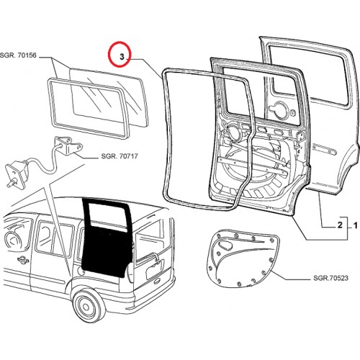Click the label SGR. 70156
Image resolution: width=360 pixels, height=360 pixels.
pos(18,55)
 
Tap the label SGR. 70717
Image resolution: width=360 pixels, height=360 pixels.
pos(120,156)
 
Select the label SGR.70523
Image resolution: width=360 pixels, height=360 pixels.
pos(330,278)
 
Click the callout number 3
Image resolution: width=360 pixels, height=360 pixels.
pos(122,57)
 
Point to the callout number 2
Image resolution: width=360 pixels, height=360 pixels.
pos(340,225)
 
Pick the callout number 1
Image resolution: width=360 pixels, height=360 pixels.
pos(356,225)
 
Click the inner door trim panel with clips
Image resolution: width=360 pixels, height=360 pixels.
pos(243,258)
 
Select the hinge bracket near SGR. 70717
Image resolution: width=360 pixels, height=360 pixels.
pos(69,145)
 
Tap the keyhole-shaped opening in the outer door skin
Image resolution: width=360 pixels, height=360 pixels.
pos(279,109)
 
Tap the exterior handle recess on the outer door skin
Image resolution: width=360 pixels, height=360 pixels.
pos(325,149)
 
